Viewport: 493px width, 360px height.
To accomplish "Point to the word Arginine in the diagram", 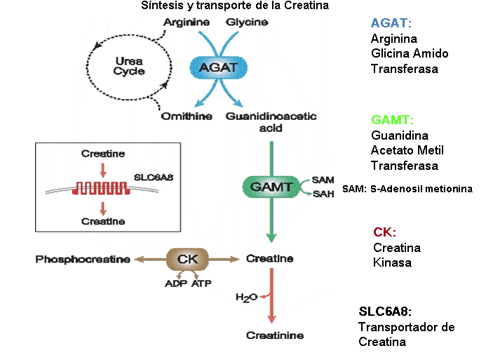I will pos(186,22).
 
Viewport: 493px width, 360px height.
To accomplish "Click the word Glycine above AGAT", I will pos(247,22).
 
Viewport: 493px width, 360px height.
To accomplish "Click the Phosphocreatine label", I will pos(83,259).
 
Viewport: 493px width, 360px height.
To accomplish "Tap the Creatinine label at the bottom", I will pos(275,335).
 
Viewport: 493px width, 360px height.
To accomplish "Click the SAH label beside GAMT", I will pos(323,194).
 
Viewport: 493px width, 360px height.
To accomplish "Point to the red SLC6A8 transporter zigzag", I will pos(103,188).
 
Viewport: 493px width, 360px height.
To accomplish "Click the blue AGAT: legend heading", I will pos(391,23).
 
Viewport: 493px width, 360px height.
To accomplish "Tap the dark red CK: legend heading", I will pos(384,232).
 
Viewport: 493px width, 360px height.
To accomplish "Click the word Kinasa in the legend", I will pos(391,263).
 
